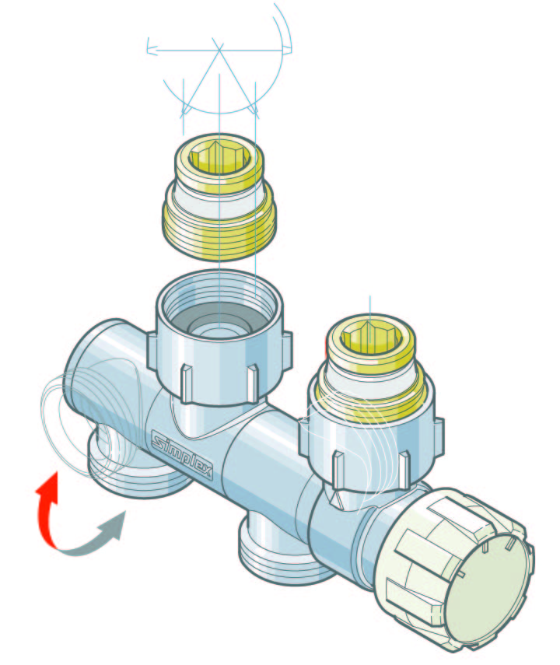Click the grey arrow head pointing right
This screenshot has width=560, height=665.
click(x=114, y=526)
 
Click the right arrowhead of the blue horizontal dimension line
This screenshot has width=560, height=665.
click(x=287, y=50)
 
